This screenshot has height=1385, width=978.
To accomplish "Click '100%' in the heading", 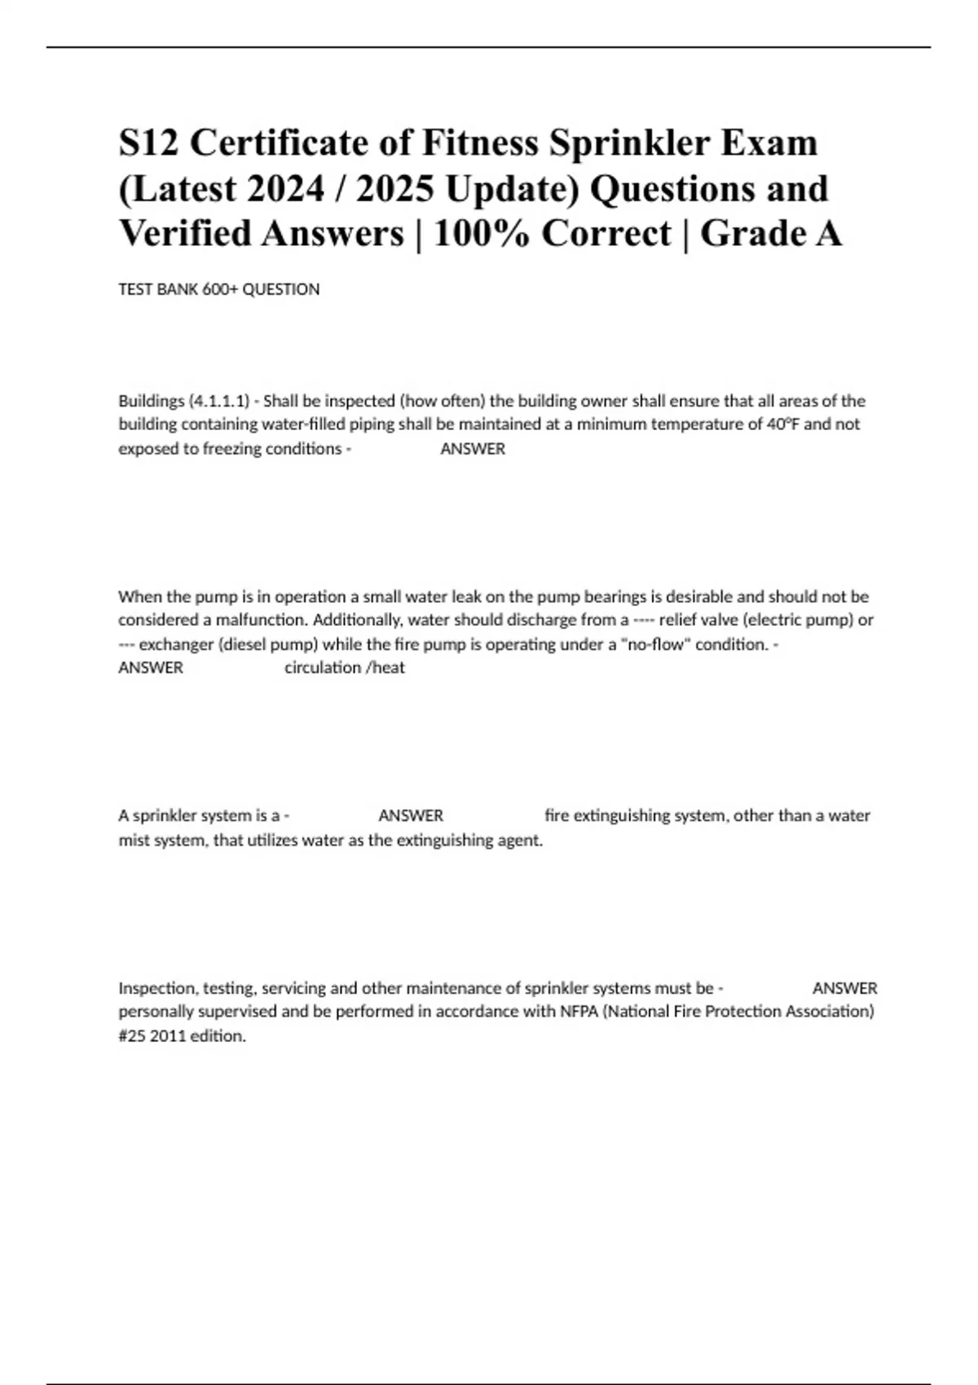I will [x=481, y=234].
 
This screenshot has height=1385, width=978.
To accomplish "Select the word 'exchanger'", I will [x=176, y=644].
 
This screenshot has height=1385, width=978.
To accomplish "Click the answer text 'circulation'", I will [x=323, y=668].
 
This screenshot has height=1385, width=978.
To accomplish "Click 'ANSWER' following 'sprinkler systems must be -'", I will [x=844, y=988].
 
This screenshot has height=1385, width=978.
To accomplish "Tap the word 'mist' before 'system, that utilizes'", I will [x=133, y=841].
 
